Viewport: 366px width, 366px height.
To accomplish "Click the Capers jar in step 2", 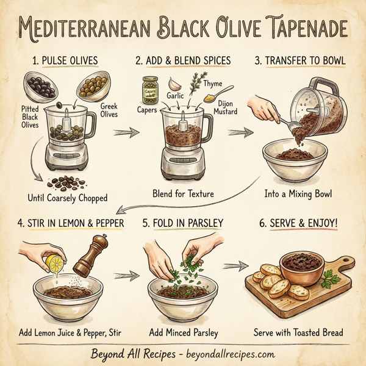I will (x=149, y=90).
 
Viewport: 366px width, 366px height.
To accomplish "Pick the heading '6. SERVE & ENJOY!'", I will (x=298, y=223).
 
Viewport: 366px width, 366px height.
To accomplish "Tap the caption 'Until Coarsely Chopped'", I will (x=67, y=198).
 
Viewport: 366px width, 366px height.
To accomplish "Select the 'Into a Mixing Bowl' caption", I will (x=298, y=194).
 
